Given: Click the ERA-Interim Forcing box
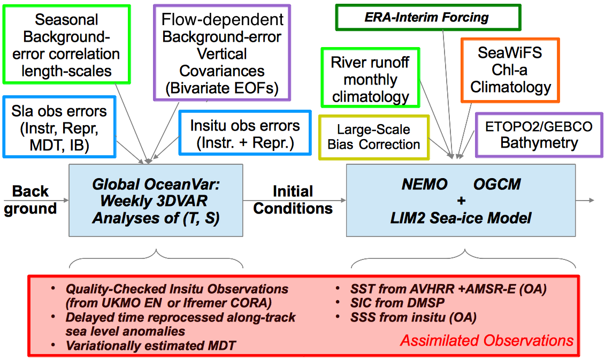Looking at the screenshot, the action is tap(428, 17).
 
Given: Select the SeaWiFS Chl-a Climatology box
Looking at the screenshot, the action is tap(510, 70).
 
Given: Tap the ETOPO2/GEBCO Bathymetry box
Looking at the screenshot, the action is tap(539, 135).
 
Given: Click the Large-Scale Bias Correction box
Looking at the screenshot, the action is tap(374, 137).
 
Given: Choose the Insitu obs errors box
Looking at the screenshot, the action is tap(245, 133).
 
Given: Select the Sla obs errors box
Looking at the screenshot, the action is tap(59, 127).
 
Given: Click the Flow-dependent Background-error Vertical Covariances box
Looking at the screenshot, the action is tap(222, 53).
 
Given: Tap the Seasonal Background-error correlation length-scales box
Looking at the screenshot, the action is tap(66, 44).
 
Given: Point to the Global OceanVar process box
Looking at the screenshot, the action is tap(156, 201).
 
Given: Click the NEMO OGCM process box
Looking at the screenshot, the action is tap(461, 201).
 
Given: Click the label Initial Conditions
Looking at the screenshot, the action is tap(293, 200).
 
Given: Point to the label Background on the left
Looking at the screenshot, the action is tap(30, 200).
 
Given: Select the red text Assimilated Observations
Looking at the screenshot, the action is tap(487, 341).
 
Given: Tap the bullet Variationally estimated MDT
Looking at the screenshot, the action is tap(150, 346).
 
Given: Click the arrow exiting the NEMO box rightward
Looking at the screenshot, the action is tap(585, 200).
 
